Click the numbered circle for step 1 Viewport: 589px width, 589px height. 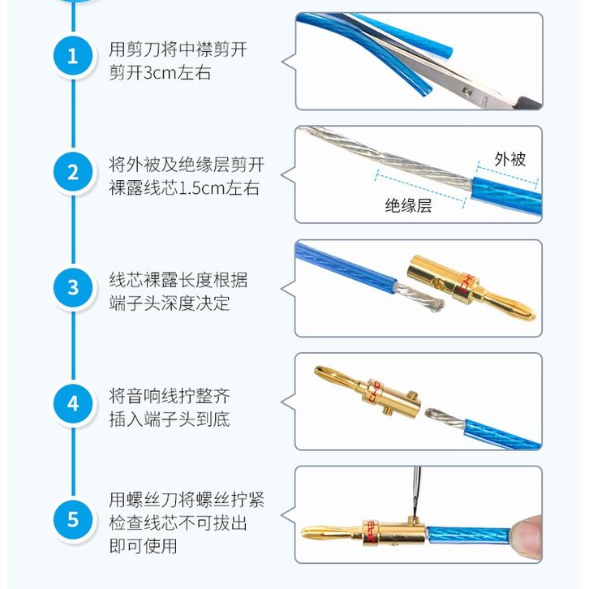click(73, 57)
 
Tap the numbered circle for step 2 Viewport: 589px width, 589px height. click(73, 173)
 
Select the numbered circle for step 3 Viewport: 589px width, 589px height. click(73, 288)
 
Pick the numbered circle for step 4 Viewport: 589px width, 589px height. click(73, 404)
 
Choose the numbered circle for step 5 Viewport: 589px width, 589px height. click(73, 519)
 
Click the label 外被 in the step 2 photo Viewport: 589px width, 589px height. click(509, 159)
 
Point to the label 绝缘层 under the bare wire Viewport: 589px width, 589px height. click(408, 206)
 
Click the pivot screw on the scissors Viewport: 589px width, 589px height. click(467, 91)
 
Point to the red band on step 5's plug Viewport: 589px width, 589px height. click(371, 532)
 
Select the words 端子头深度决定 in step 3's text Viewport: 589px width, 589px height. click(170, 303)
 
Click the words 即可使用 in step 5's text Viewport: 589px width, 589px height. click(143, 546)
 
